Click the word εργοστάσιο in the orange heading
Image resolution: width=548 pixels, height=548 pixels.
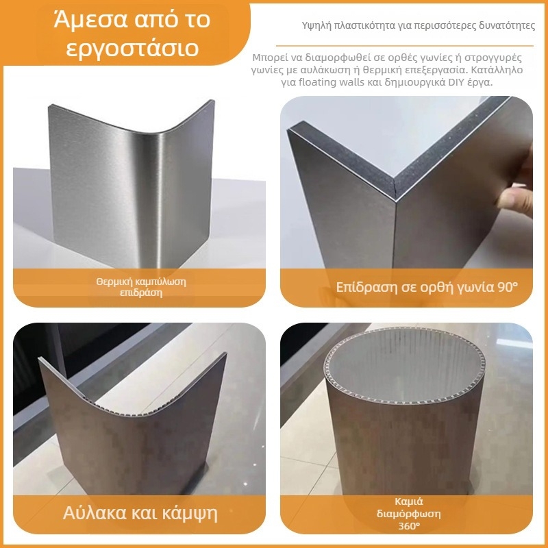pyautogui.click(x=132, y=48)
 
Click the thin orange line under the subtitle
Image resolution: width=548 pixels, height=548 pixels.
pyautogui.click(x=405, y=45)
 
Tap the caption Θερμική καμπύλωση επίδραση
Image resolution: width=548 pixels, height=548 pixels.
pyautogui.click(x=141, y=287)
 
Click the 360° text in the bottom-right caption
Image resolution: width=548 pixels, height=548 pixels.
pyautogui.click(x=409, y=525)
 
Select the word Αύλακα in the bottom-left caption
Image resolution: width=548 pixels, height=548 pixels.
pyautogui.click(x=95, y=512)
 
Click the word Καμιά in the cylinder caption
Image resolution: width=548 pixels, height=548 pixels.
pyautogui.click(x=408, y=501)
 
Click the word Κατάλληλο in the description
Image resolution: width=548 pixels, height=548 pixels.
pyautogui.click(x=497, y=70)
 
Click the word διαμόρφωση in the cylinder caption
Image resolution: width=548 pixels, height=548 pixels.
pyautogui.click(x=408, y=514)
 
